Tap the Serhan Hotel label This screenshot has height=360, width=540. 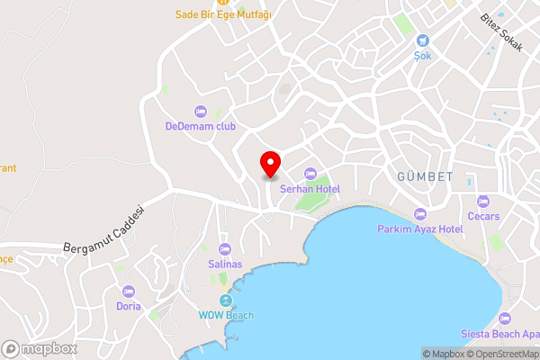[x=309, y=188]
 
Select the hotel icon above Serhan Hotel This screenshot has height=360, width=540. [x=310, y=173]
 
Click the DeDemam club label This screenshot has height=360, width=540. [x=200, y=126]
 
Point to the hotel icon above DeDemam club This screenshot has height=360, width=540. [x=200, y=111]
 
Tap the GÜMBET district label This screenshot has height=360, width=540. [x=424, y=175]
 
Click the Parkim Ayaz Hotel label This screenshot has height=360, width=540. [x=419, y=229]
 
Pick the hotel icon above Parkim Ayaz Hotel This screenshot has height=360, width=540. [x=419, y=214]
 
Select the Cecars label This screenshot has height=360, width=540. [x=483, y=216]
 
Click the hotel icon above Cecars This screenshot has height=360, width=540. [x=483, y=201]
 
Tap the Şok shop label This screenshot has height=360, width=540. [x=423, y=55]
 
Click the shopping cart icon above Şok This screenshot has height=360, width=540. [x=423, y=40]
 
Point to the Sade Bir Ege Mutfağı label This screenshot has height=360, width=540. [x=224, y=14]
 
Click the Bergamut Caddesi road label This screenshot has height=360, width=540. [x=105, y=229]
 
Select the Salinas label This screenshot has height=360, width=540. [x=225, y=264]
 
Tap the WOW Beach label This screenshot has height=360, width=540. [x=226, y=315]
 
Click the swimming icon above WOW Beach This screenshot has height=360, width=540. [x=226, y=300]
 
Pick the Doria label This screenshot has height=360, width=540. [x=129, y=306]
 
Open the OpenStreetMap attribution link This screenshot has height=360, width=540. [x=500, y=354]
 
